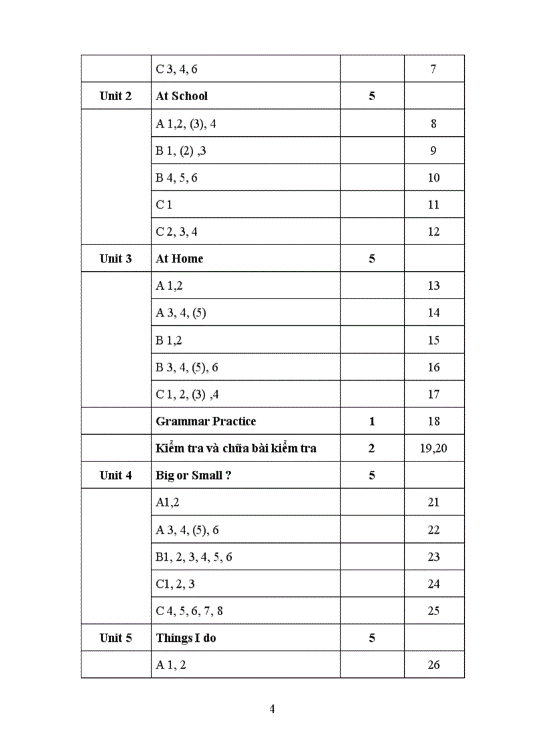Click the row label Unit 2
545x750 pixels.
coord(116,96)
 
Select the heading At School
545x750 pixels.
coord(182,96)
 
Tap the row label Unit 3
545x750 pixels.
coord(116,258)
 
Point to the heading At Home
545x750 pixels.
coord(179,258)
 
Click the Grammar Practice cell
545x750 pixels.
coord(206,421)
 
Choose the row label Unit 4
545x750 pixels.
coord(116,476)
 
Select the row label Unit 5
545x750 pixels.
coord(116,638)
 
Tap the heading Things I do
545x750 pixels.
coord(186,638)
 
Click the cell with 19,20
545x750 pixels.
coord(433,448)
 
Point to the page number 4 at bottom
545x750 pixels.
coord(272,709)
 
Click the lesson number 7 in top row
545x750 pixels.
coord(433,69)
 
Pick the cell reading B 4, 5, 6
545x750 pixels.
coord(176,178)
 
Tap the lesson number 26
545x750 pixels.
coord(433,665)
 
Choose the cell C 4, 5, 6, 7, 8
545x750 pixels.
coord(189,611)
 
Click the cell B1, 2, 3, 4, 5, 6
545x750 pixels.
coord(194,557)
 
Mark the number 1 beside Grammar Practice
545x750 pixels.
coord(372,421)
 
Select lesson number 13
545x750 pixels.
coord(433,286)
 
